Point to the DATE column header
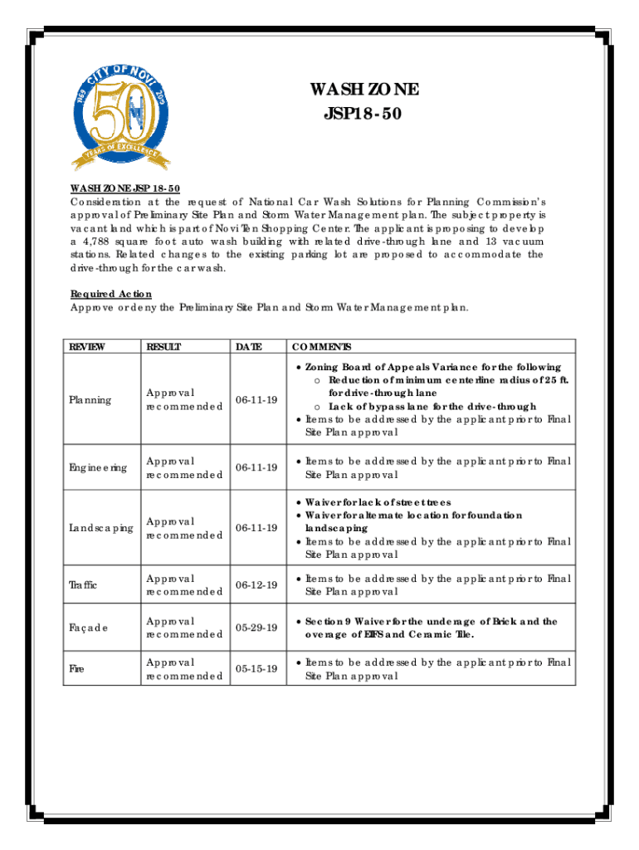250,347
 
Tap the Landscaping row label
100,528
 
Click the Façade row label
88,628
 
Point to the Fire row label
79,669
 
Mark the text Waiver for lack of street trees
378,502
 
